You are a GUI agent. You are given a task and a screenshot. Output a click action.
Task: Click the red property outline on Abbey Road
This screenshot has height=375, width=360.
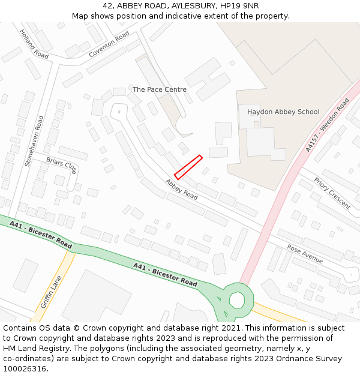(x=188, y=167)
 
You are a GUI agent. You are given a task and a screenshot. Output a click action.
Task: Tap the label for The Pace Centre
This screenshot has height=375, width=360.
(x=159, y=89)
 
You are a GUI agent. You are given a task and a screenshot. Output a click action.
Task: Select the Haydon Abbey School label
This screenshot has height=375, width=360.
(x=283, y=112)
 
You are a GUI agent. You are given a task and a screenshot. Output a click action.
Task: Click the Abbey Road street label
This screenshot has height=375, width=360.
(x=182, y=189)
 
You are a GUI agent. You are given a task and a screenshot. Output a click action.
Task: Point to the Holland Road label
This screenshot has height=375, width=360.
(x=34, y=44)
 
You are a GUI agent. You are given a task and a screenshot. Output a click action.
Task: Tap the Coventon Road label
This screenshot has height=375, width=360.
(x=109, y=44)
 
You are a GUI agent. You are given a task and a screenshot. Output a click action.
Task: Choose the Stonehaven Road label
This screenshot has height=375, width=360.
(x=34, y=140)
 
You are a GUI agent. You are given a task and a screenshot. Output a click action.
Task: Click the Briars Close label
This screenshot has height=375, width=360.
(x=61, y=165)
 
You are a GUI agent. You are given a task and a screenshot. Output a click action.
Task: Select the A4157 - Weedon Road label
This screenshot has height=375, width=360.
(x=327, y=125)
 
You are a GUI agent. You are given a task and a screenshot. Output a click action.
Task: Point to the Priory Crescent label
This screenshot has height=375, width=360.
(x=332, y=193)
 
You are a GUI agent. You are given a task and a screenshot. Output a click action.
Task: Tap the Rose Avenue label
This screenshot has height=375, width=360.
(x=305, y=254)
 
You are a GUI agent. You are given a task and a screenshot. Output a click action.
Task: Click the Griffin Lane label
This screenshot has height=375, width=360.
(x=51, y=292)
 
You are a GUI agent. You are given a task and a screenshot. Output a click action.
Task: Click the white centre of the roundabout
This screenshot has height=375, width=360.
(x=237, y=299)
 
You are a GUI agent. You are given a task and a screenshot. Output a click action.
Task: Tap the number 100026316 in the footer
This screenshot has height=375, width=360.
(x=23, y=369)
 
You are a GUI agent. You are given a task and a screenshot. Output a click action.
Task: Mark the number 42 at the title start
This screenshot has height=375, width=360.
(x=108, y=5)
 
